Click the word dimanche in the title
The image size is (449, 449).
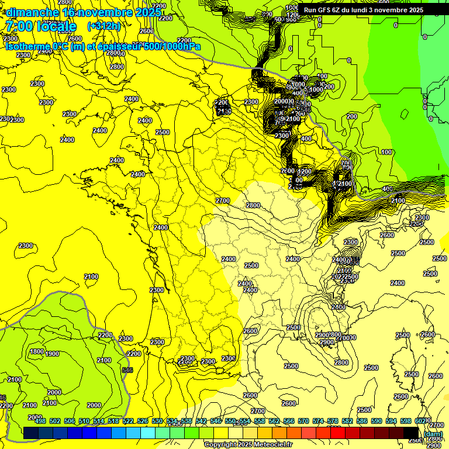pyautogui.click(x=32, y=12)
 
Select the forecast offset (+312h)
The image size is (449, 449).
pyautogui.click(x=103, y=26)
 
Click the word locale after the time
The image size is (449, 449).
pyautogui.click(x=57, y=26)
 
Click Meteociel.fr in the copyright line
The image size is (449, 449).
pyautogui.click(x=270, y=445)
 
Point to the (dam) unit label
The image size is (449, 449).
pyautogui.click(x=433, y=434)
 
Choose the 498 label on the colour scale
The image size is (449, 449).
pyautogui.click(x=40, y=421)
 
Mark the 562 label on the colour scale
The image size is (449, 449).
pyautogui.click(x=274, y=421)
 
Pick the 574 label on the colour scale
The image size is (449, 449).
pyautogui.click(x=318, y=421)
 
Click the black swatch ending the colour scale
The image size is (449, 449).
pyautogui.click(x=411, y=433)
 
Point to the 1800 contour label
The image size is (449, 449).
pyautogui.click(x=36, y=351)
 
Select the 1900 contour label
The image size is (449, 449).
pyautogui.click(x=52, y=354)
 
